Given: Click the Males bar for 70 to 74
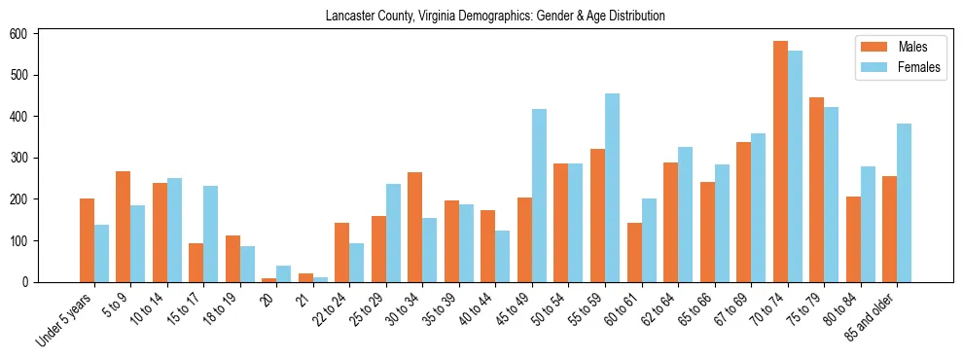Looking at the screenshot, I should point(780,162).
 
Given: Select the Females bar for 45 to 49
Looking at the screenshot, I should point(539,196).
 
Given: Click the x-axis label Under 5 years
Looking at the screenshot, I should point(65,321).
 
